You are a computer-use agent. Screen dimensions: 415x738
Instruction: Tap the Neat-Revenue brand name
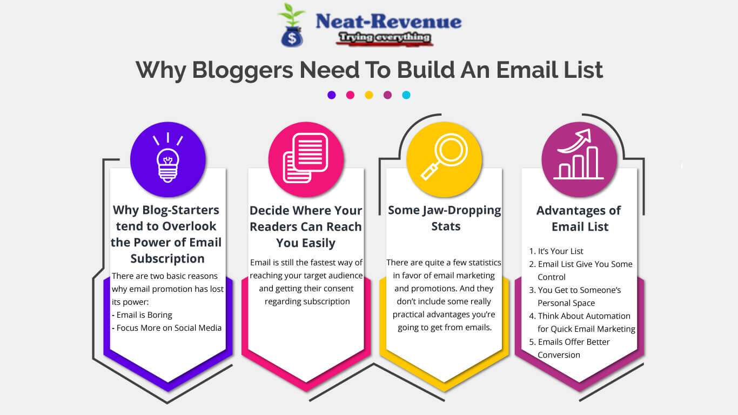pos(388,22)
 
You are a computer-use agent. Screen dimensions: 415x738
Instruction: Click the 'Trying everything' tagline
pos(384,37)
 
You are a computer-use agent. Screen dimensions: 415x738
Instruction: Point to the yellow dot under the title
pos(369,95)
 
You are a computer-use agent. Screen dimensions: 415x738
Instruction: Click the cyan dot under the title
pos(406,95)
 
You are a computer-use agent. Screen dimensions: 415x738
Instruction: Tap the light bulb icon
pos(167,159)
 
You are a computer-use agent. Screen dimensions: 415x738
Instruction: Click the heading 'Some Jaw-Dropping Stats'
pos(445,218)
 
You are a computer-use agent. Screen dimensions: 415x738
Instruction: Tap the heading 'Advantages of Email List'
pos(579,218)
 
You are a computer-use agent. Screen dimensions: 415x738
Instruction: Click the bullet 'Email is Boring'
pos(144,315)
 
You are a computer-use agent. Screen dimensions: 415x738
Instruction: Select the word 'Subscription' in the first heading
pos(167,258)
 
